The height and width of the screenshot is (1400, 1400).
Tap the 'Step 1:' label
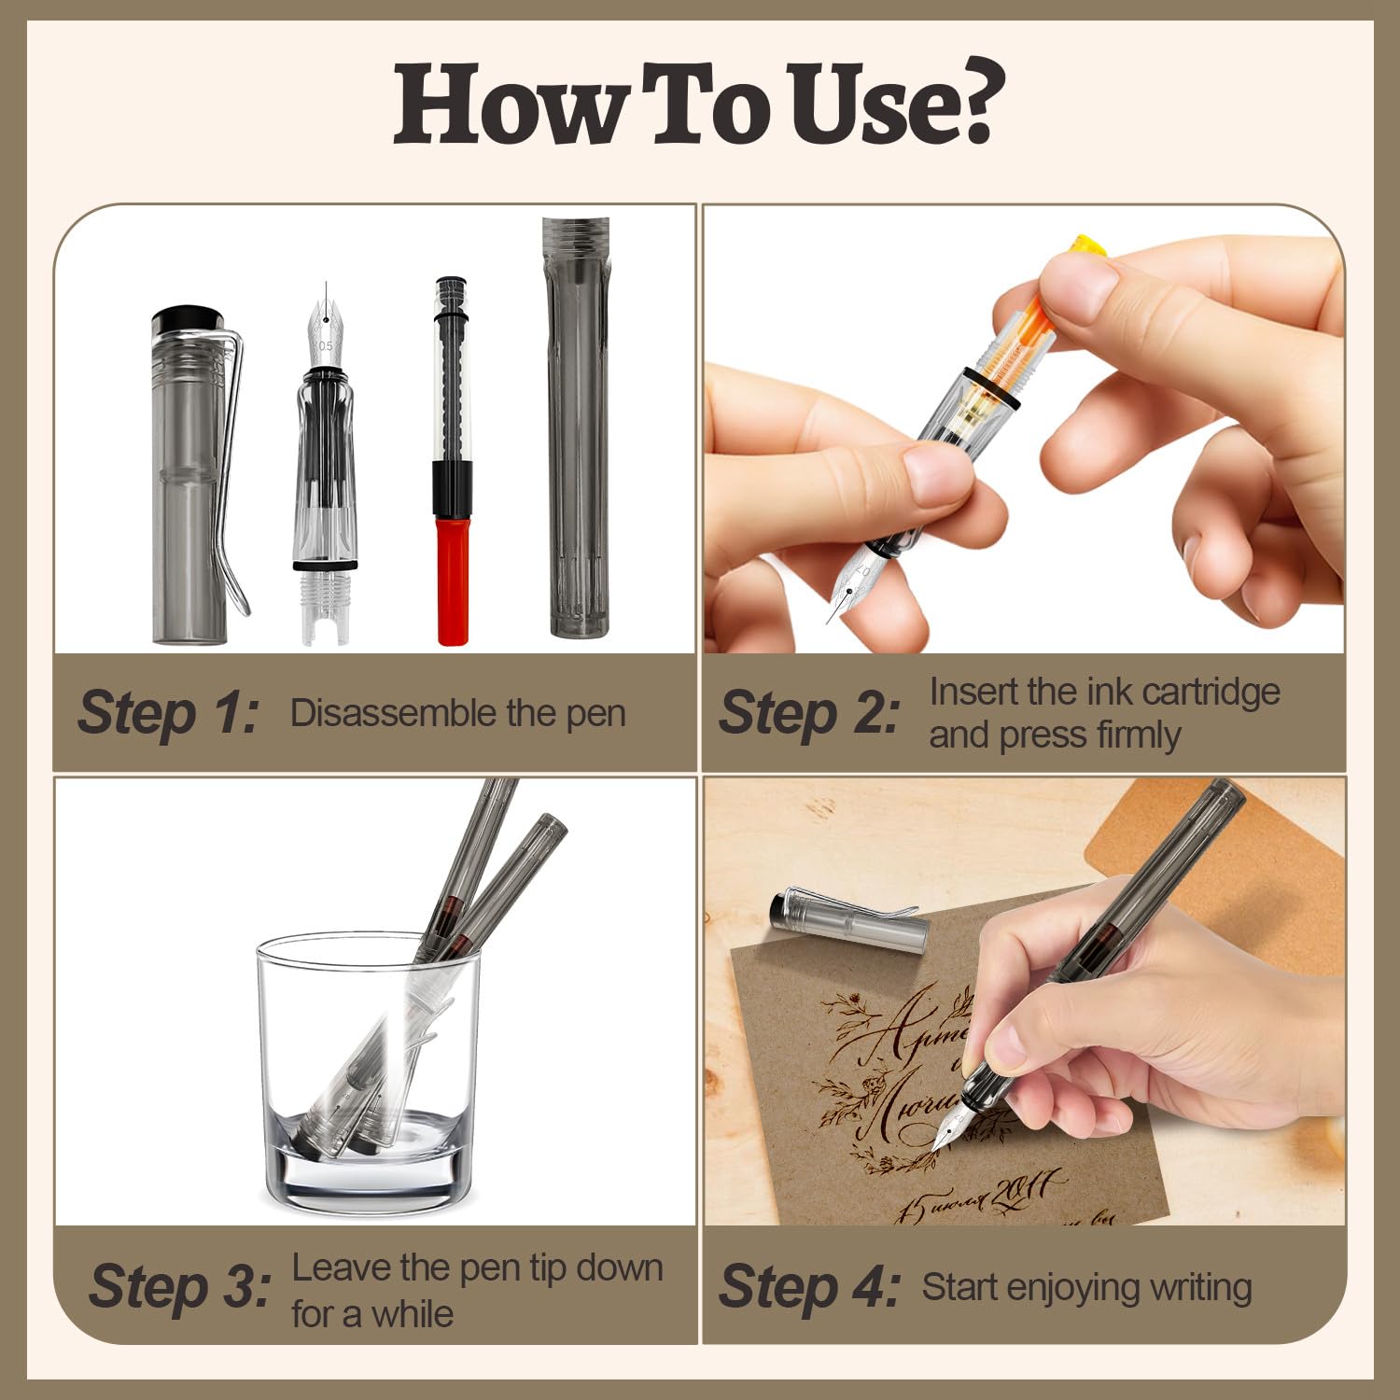coord(168,713)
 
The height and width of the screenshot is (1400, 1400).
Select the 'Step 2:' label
coord(809,713)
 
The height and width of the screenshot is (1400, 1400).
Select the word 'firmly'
coord(1138,735)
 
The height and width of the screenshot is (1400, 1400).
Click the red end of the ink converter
coord(453,579)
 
